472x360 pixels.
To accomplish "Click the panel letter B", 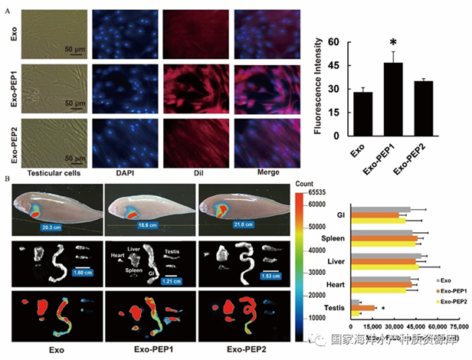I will [x=8, y=179].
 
